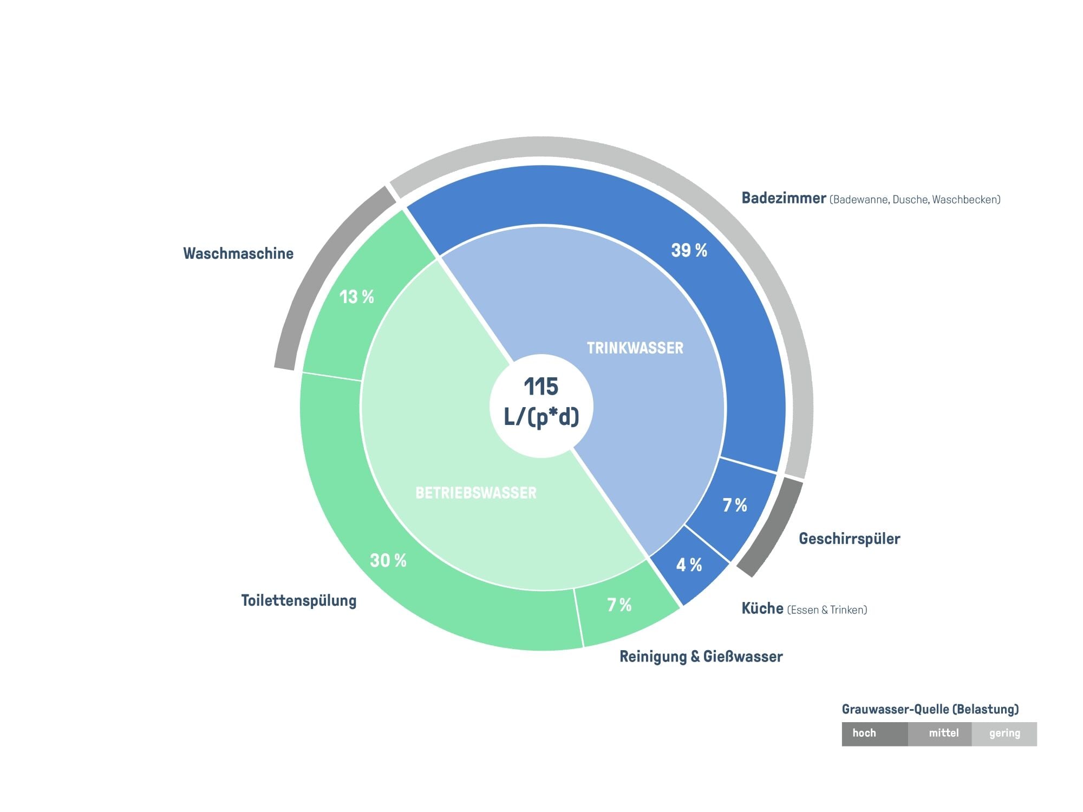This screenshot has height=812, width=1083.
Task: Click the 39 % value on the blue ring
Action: pyautogui.click(x=689, y=250)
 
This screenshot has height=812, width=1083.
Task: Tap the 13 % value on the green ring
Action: pyautogui.click(x=357, y=297)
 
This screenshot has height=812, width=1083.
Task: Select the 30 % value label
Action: pyautogui.click(x=388, y=560)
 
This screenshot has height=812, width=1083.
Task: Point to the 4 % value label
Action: pyautogui.click(x=689, y=565)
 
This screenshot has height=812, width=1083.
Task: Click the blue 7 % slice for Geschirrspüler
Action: pyautogui.click(x=731, y=506)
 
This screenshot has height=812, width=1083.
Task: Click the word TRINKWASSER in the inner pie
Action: pyautogui.click(x=635, y=348)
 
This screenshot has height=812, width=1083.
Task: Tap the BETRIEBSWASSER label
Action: pyautogui.click(x=476, y=493)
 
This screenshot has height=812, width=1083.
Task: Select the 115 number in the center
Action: pyautogui.click(x=541, y=387)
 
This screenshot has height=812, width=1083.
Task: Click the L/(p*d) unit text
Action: pyautogui.click(x=541, y=417)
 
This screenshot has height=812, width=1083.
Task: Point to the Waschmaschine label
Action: pyautogui.click(x=238, y=253)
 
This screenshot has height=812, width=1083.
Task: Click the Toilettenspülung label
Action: pyautogui.click(x=299, y=601)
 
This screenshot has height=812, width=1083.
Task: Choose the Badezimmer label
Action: pyautogui.click(x=784, y=198)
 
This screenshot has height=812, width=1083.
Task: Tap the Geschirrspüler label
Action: pyautogui.click(x=850, y=539)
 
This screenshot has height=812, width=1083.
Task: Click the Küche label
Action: pyautogui.click(x=762, y=608)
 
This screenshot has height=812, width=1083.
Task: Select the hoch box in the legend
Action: pyautogui.click(x=875, y=734)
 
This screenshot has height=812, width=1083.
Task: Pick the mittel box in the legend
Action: pyautogui.click(x=940, y=734)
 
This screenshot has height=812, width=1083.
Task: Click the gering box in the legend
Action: pyautogui.click(x=1004, y=734)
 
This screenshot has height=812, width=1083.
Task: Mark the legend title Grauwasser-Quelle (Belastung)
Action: pyautogui.click(x=930, y=709)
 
